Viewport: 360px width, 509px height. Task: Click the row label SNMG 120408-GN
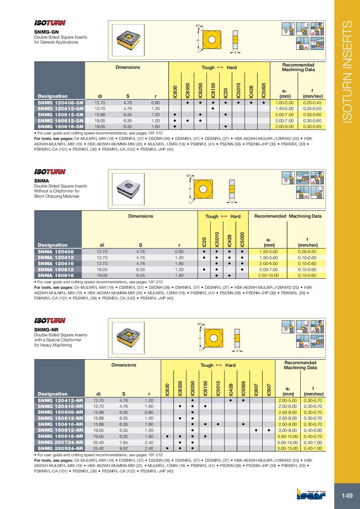(61, 103)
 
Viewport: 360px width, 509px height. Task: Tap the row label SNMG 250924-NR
(61, 448)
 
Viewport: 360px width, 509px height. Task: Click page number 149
(346, 496)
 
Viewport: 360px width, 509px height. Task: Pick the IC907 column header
(269, 389)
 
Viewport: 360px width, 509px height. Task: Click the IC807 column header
(256, 389)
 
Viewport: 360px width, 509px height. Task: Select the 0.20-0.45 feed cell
(312, 103)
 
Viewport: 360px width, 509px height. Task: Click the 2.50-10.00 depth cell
(269, 275)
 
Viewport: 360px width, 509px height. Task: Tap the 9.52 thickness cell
(124, 448)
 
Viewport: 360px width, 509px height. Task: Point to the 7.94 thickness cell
(124, 442)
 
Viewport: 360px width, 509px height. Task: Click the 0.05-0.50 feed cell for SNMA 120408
(306, 251)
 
